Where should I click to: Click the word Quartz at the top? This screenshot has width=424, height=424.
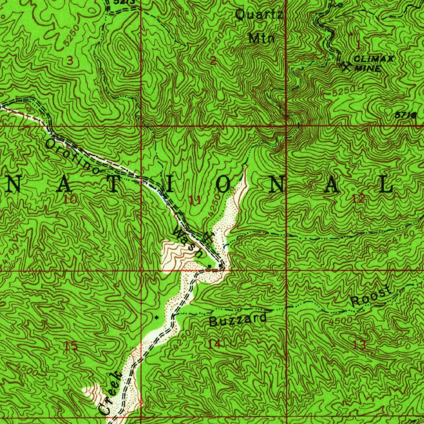coord(259,15)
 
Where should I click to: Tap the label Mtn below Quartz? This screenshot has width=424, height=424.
coord(262,39)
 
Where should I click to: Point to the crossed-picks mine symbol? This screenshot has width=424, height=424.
coord(345,65)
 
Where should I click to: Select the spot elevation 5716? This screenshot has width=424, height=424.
coord(406,116)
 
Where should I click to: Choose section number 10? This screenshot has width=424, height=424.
coord(70,200)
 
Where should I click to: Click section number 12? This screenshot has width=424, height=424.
coord(359,199)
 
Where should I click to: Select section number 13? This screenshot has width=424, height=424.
coord(359,344)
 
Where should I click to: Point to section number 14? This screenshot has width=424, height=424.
coord(214,344)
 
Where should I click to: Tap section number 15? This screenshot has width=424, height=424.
coord(71,346)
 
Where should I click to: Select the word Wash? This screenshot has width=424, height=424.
coord(188,242)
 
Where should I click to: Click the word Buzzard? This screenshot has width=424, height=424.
coord(238,320)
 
